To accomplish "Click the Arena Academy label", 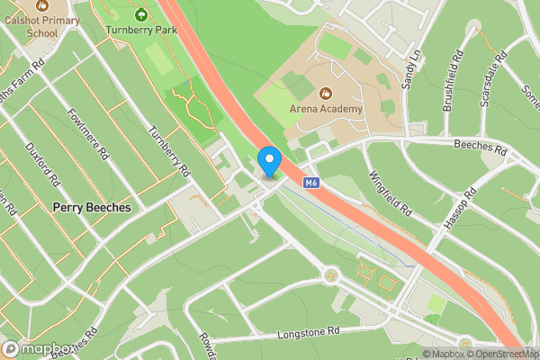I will pyautogui.click(x=326, y=109).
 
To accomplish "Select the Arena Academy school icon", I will pyautogui.click(x=326, y=93).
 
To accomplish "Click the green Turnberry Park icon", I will pyautogui.click(x=139, y=13).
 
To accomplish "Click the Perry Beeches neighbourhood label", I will pyautogui.click(x=91, y=207).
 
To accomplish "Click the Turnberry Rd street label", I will pyautogui.click(x=169, y=150).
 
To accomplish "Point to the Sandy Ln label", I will pyautogui.click(x=412, y=69).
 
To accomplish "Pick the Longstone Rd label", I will pyautogui.click(x=310, y=331).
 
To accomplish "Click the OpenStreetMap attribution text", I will pyautogui.click(x=499, y=354).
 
